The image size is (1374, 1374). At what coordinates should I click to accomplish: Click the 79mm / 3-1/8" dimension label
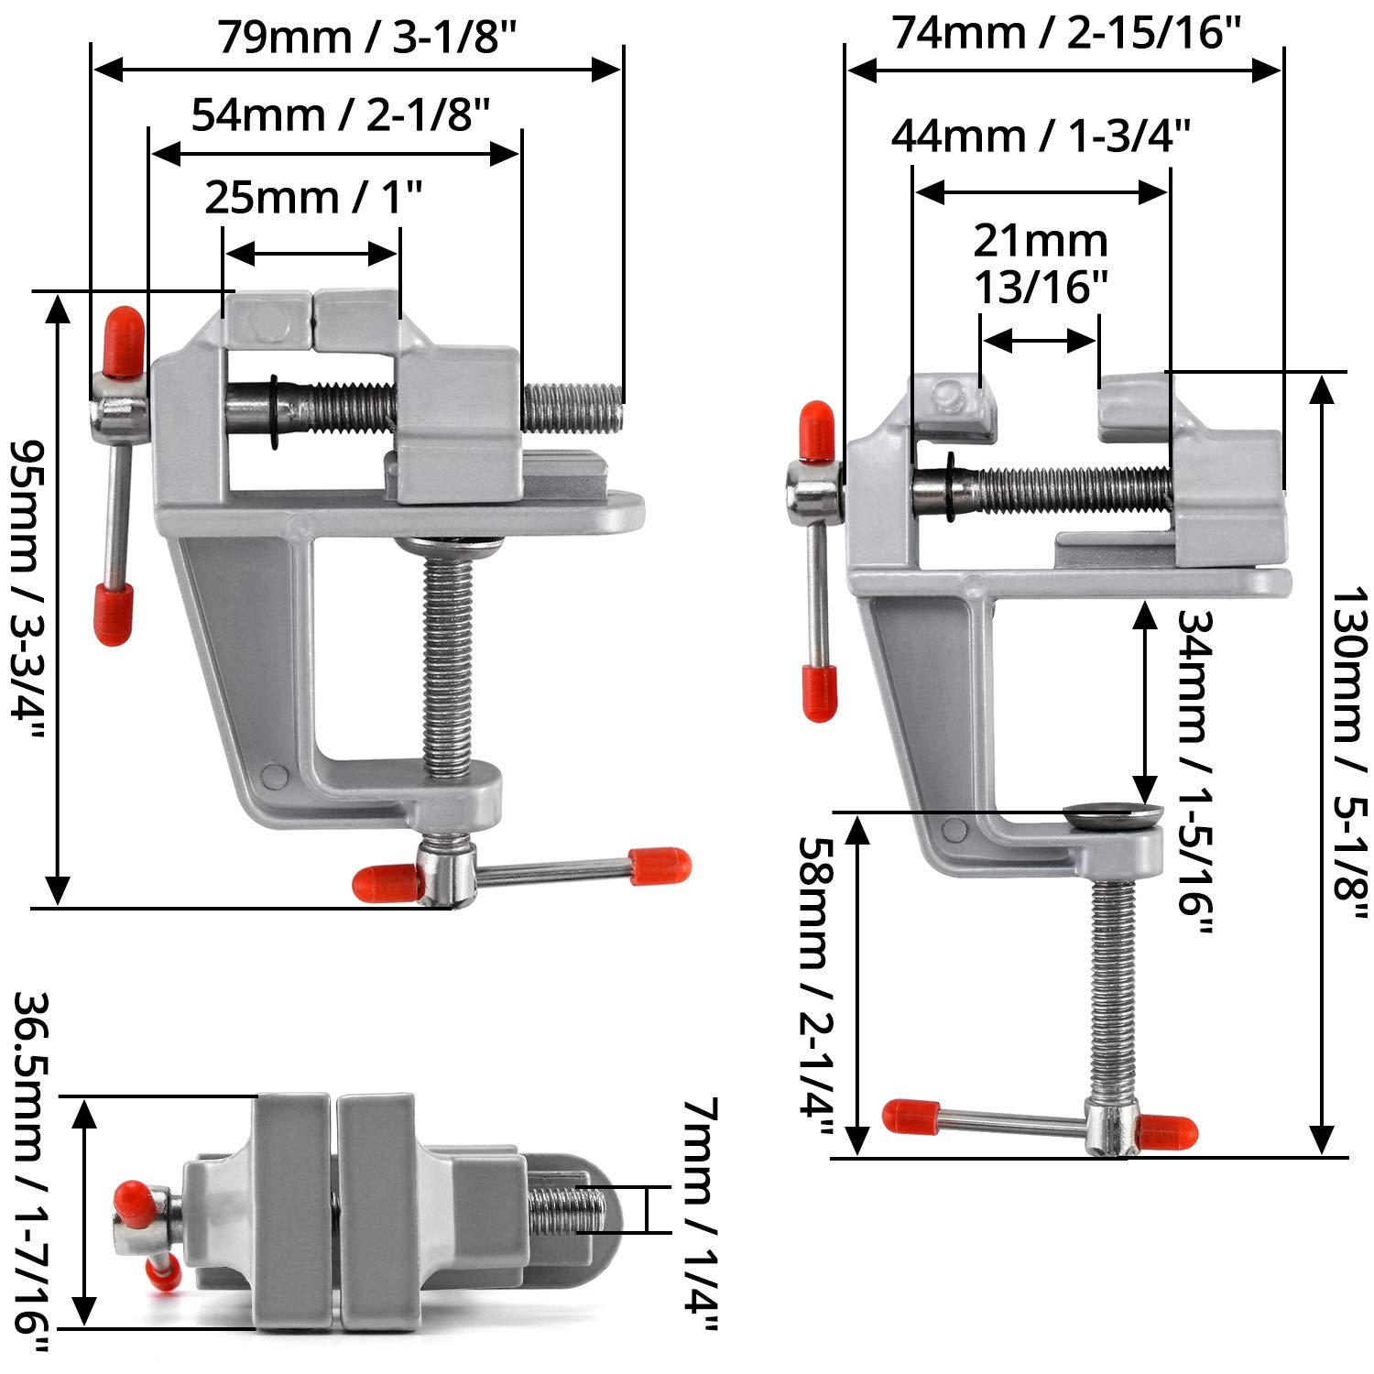tap(367, 38)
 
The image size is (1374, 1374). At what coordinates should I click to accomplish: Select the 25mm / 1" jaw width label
tap(313, 197)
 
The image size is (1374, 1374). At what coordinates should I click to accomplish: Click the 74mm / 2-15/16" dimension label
tap(1066, 33)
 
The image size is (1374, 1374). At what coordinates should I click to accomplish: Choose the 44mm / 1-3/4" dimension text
tap(1041, 136)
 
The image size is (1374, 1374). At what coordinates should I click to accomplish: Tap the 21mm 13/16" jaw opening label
tap(1041, 264)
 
